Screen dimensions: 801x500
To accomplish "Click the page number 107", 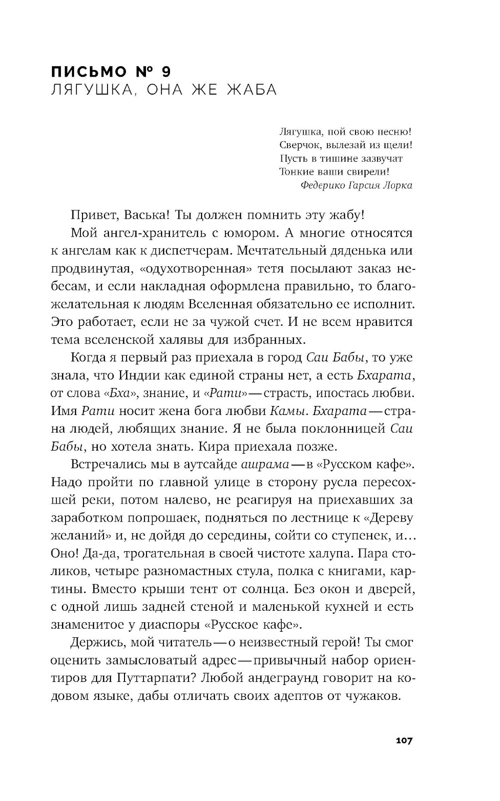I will pos(403,740).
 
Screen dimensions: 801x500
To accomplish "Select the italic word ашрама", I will pos(264,464).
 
